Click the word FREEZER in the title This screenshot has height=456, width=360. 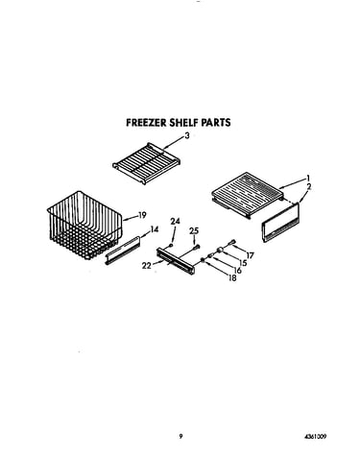tap(146, 123)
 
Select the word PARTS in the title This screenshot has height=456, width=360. tap(216, 123)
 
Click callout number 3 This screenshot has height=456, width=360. tap(187, 135)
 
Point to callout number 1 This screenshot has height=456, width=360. tap(308, 178)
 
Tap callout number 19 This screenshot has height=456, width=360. tap(142, 215)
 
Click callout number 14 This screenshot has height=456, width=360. tap(155, 229)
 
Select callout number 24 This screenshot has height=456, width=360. tap(175, 221)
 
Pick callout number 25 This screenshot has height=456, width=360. tap(194, 230)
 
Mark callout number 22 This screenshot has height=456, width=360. tap(147, 266)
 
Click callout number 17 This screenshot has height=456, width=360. tap(250, 255)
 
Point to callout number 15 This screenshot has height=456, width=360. tap(243, 263)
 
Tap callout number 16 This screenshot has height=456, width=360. tap(237, 271)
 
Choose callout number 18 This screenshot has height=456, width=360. tap(232, 278)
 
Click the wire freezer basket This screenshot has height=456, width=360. tap(85, 226)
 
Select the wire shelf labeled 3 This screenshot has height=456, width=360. tap(146, 163)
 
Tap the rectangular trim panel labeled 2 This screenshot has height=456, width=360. tap(281, 223)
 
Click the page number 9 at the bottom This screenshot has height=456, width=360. tap(180, 436)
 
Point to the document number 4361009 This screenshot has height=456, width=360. tap(316, 437)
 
